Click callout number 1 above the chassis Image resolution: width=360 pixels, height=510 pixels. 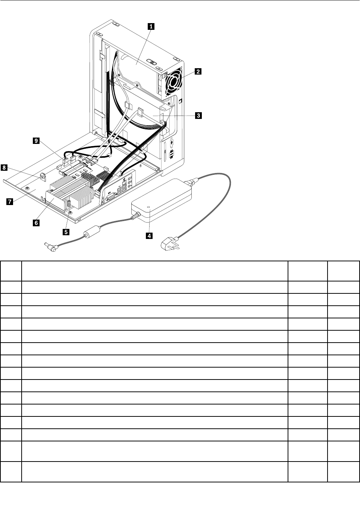(x=151, y=26)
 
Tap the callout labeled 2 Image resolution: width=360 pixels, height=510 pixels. (x=197, y=71)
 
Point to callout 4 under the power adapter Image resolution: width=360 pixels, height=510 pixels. (x=149, y=236)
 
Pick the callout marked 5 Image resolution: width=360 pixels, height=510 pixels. (x=66, y=232)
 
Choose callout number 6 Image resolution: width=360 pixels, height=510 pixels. (x=36, y=223)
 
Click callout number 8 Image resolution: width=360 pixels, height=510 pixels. (x=4, y=168)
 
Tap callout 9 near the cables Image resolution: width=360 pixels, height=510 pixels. (x=36, y=141)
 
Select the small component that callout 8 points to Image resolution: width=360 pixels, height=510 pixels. (x=42, y=176)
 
